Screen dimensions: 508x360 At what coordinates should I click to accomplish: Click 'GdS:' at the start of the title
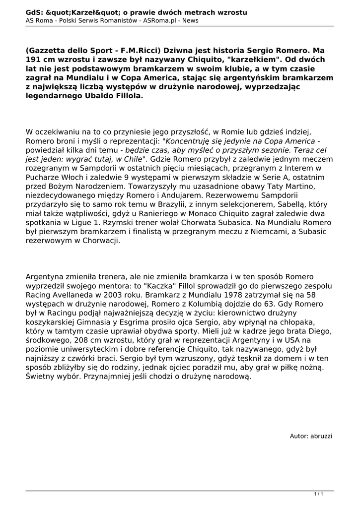coord(34,12)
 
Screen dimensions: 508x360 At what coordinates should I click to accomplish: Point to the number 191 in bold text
coord(35,60)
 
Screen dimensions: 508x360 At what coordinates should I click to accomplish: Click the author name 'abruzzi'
coord(321,436)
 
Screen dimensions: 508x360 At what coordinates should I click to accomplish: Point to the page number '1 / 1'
coord(318,494)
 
